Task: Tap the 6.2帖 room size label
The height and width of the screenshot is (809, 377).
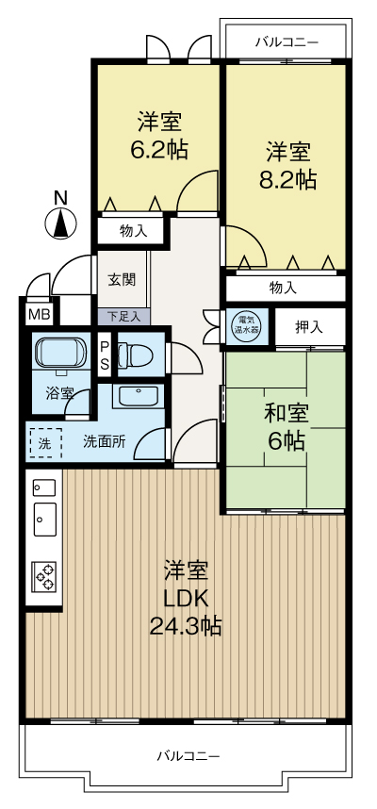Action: [159, 137]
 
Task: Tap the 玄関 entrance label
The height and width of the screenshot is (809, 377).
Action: [121, 279]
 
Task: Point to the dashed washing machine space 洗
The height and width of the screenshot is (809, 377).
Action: [44, 441]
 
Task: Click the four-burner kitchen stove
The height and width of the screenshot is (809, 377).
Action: [44, 573]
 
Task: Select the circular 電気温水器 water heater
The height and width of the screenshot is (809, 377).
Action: [247, 325]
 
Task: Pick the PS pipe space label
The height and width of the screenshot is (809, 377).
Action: [105, 355]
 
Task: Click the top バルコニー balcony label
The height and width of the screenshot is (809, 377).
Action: [287, 42]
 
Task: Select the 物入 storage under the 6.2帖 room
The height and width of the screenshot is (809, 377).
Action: [133, 230]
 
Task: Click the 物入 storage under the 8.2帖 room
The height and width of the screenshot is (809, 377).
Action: [283, 287]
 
